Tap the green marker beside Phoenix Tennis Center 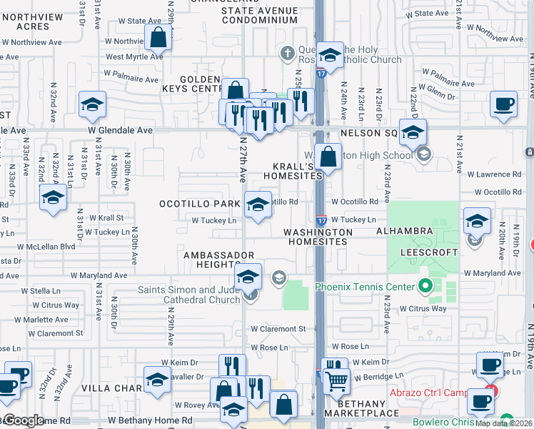426,287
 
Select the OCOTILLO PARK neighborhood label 200,204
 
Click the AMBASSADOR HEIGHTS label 219,260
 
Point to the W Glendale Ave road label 120,131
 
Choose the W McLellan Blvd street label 49,246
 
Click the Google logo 24,420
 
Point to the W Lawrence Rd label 494,174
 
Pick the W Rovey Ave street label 174,405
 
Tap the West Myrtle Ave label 134,57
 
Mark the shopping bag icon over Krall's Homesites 328,157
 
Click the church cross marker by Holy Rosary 287,53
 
